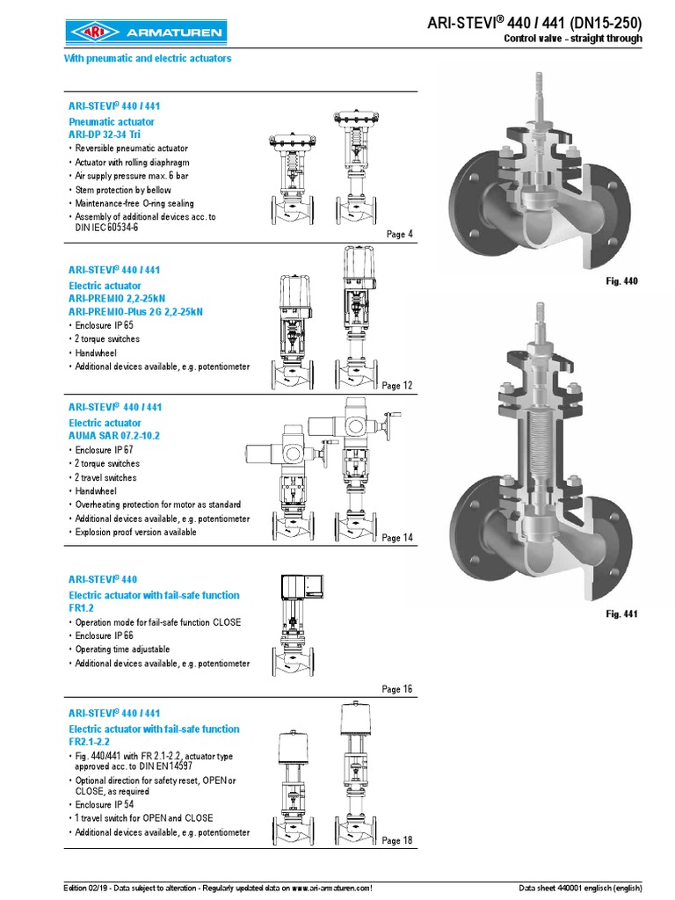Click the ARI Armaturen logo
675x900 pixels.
(146, 33)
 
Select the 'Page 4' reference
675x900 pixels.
(399, 234)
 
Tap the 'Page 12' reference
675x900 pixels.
(396, 386)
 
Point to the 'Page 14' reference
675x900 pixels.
(396, 538)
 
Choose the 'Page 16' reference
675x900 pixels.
(396, 690)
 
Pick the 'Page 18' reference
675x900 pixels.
(396, 841)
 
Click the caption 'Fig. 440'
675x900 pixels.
(621, 281)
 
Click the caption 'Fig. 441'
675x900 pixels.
(621, 613)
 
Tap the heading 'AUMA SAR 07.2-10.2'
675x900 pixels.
(115, 436)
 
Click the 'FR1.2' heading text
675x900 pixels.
(81, 607)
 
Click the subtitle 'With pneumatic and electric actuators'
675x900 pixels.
(148, 59)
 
